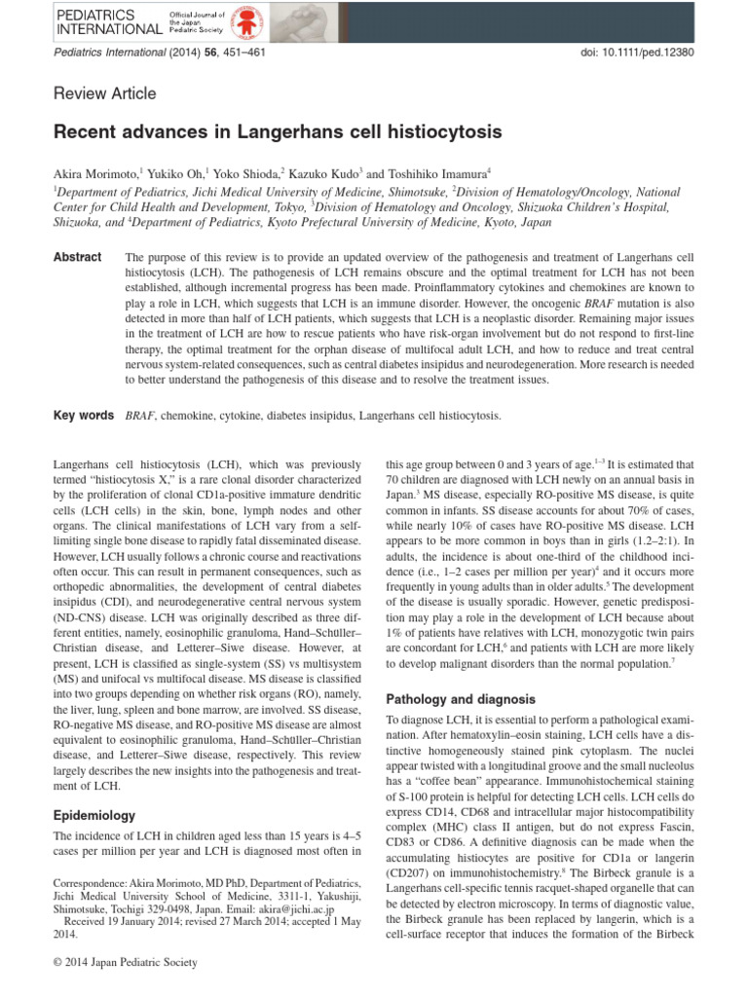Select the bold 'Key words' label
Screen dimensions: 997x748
83,416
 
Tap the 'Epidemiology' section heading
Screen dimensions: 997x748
94,816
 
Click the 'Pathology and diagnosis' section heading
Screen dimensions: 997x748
461,699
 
